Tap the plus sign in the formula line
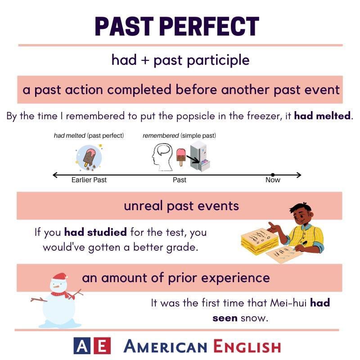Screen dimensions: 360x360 tap(145, 60)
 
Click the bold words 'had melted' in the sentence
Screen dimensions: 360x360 tap(323, 116)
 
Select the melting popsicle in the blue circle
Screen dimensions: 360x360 tap(89, 157)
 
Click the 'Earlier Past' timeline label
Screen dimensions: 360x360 tap(89, 180)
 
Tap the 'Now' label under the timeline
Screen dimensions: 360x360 tap(273, 180)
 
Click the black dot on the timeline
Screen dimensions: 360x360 tap(273, 175)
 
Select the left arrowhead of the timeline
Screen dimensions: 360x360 tap(54, 175)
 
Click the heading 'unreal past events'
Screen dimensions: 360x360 tap(181, 206)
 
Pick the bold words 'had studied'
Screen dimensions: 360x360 tap(96, 233)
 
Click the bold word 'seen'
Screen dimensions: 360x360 tap(225, 318)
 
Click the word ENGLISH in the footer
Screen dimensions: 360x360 tap(247, 346)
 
